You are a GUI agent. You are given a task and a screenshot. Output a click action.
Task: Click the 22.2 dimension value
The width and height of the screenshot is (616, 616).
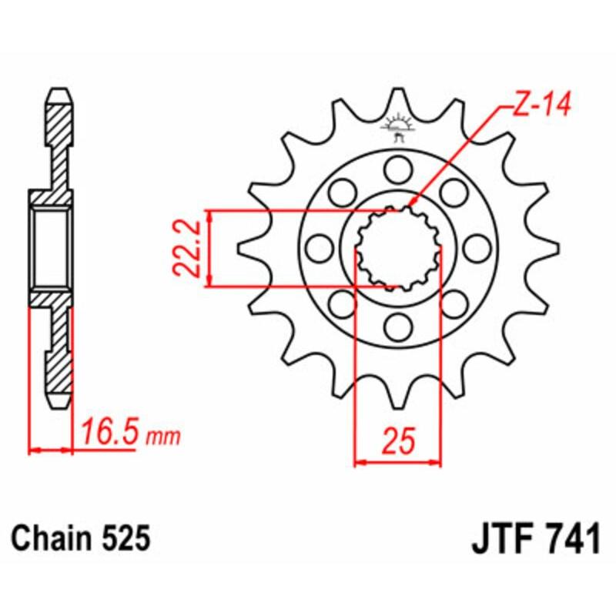186,249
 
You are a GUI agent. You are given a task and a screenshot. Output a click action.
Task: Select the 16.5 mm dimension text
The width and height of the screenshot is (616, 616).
127,435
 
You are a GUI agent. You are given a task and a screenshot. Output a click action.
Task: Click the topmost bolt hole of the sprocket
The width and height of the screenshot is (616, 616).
398,167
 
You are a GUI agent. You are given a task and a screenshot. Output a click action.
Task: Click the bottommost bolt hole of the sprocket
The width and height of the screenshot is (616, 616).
398,328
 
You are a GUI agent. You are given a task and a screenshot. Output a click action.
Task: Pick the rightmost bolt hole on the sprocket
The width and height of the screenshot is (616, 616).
477,248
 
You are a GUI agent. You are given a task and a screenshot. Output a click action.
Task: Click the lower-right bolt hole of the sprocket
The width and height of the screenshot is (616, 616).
454,304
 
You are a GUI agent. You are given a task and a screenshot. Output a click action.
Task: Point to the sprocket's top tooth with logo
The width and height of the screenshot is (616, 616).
398,115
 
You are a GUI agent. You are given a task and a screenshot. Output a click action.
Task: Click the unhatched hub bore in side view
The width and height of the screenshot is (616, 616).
52,248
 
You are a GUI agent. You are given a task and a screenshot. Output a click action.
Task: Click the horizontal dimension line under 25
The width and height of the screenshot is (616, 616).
398,464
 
